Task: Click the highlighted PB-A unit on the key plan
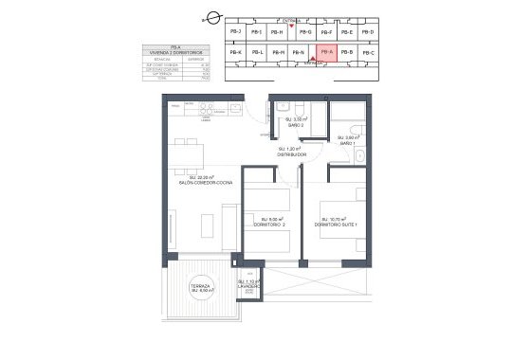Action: tap(325, 52)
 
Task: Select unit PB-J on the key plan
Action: tap(234, 32)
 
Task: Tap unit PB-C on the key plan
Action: tap(369, 52)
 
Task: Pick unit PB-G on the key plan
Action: tap(304, 32)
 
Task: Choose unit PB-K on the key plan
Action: tap(235, 52)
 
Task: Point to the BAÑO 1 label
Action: tap(348, 141)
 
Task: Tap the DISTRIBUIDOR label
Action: tap(288, 153)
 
